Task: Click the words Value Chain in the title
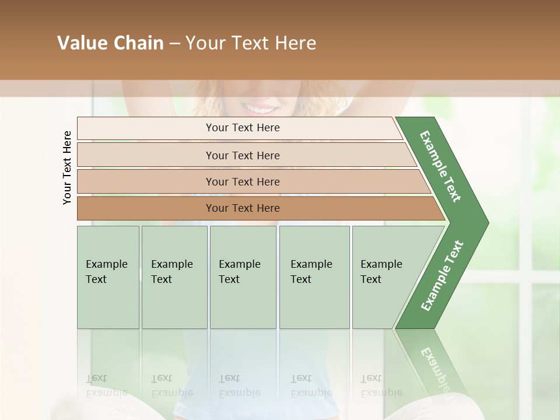click(x=110, y=43)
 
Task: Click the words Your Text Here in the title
click(x=251, y=43)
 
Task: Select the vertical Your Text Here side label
click(x=67, y=168)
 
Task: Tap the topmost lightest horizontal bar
click(x=239, y=128)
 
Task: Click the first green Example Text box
click(x=108, y=277)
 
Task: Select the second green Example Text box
click(x=174, y=277)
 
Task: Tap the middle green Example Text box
click(x=243, y=277)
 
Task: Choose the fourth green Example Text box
click(x=314, y=277)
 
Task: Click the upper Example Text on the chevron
click(x=440, y=166)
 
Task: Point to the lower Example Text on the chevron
click(x=442, y=276)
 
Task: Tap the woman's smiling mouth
click(x=260, y=109)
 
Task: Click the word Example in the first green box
click(x=106, y=264)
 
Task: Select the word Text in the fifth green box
click(x=371, y=279)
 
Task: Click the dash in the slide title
click(x=174, y=44)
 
